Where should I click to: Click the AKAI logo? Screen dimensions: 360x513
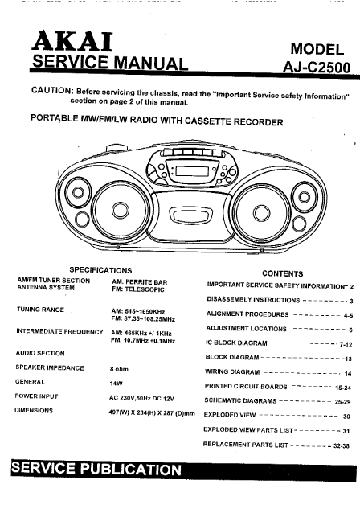click(72, 41)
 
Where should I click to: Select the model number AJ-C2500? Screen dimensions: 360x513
click(317, 67)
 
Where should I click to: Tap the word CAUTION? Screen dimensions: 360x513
click(52, 90)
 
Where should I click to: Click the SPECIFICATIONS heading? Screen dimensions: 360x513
click(100, 270)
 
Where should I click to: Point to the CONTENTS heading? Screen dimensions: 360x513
click(283, 274)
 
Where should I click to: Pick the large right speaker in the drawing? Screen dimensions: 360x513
click(261, 213)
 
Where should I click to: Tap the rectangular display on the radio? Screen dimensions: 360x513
click(191, 171)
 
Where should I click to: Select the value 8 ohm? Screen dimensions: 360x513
click(119, 369)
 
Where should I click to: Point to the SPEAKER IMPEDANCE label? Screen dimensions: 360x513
click(50, 367)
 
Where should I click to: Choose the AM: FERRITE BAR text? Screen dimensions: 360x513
click(140, 282)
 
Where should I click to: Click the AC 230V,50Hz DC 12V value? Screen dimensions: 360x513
click(141, 398)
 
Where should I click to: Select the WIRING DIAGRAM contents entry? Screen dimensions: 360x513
click(232, 371)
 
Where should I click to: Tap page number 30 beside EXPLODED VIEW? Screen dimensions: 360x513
click(346, 417)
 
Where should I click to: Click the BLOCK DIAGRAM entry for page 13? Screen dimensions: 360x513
click(232, 357)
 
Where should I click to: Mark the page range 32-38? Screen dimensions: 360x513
click(342, 445)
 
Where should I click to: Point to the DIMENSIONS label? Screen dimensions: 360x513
click(34, 410)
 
